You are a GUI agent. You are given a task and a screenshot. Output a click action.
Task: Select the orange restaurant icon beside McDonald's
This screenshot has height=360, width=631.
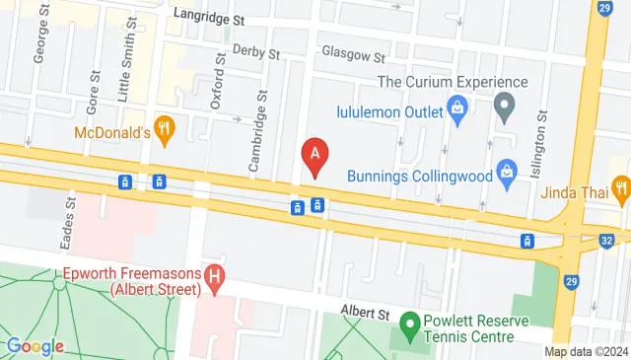[166, 127]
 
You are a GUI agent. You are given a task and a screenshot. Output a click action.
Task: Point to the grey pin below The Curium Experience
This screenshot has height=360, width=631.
[504, 106]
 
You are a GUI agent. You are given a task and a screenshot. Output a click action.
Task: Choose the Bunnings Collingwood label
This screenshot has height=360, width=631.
[419, 175]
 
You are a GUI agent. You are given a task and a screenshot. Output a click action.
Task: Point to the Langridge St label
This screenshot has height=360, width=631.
[209, 17]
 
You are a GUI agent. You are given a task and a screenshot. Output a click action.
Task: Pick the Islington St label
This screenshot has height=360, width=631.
[541, 144]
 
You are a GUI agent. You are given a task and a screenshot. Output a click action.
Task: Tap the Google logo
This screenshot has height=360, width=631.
[35, 345]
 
